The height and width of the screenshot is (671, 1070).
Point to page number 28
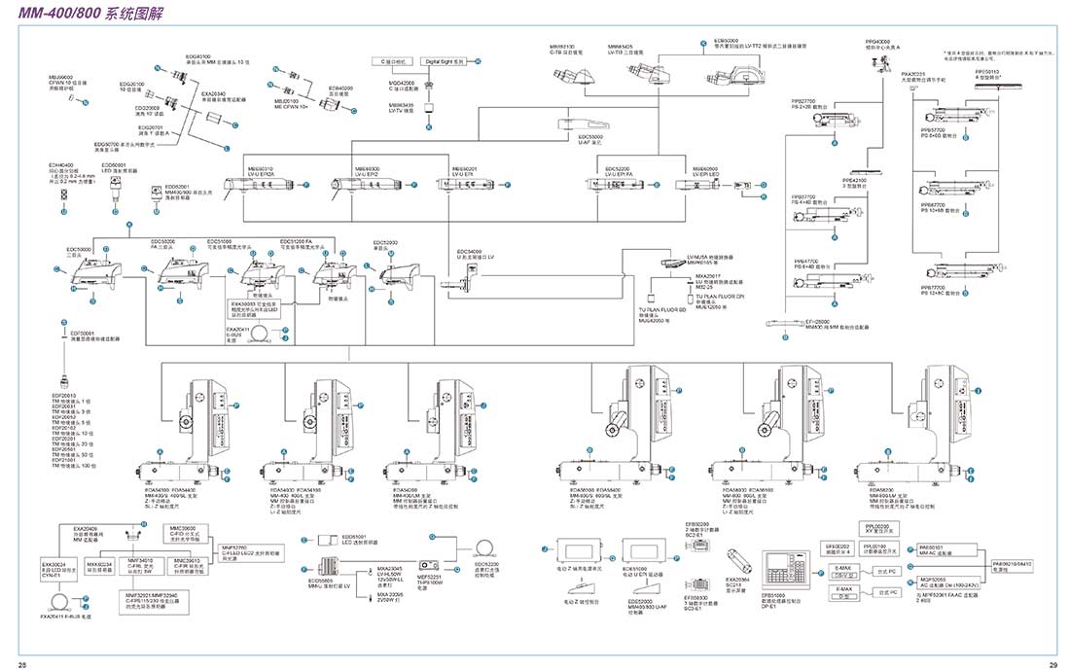[x=22, y=664]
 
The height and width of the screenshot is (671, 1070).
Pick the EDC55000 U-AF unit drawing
[x=581, y=124]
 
